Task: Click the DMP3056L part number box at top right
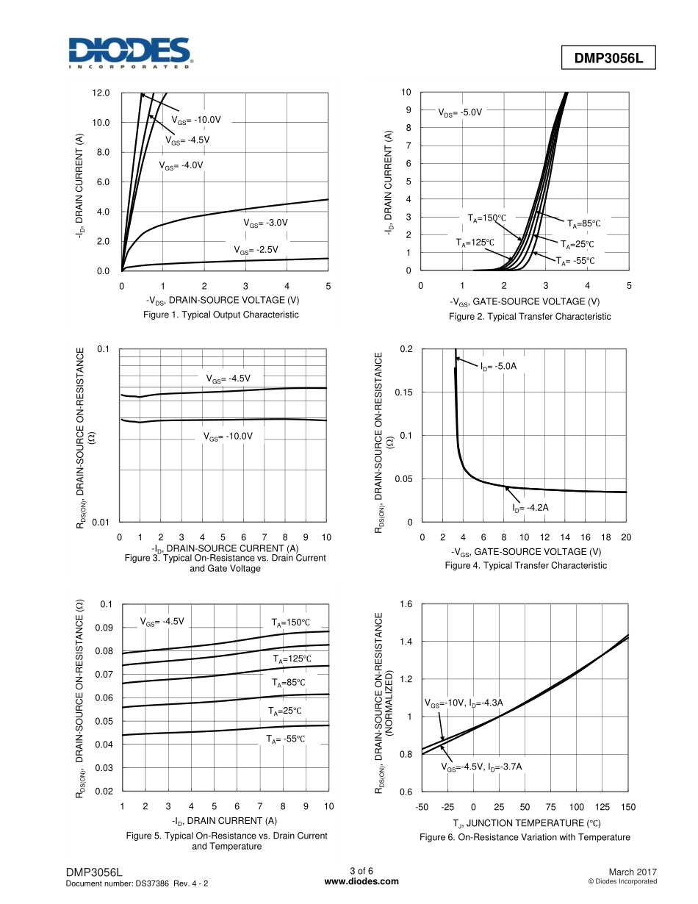pos(608,58)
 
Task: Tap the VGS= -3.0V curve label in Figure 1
pos(265,223)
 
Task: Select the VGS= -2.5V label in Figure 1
pos(256,250)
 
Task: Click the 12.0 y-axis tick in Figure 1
pos(101,93)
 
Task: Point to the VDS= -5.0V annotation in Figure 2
pos(460,113)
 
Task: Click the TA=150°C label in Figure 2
pos(486,218)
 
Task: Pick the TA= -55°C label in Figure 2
pos(574,261)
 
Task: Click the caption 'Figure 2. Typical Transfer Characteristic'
pos(529,317)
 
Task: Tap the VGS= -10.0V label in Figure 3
pos(228,437)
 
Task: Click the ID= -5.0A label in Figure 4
pos(503,366)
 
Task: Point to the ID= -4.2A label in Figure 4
pos(530,508)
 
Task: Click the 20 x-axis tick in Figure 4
pos(626,537)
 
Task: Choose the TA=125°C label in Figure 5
pos(292,659)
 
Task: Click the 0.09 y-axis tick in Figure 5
pos(104,628)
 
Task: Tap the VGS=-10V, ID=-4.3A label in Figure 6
pos(464,703)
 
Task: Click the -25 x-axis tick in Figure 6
pos(447,808)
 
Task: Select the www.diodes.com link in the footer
pos(361,882)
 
